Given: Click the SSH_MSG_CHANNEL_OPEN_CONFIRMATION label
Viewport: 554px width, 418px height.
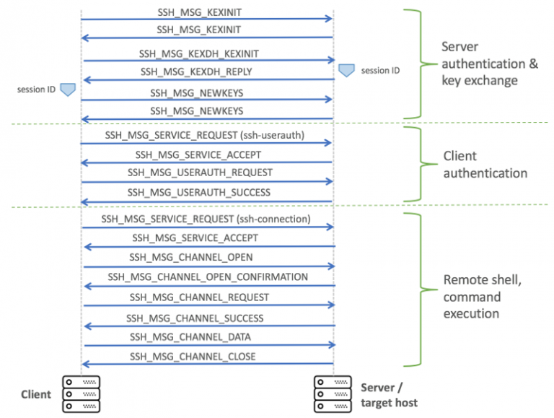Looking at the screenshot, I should [208, 277].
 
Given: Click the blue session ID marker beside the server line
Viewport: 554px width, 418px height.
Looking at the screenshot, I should [346, 70].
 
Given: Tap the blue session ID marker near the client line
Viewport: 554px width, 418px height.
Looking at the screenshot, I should [68, 90].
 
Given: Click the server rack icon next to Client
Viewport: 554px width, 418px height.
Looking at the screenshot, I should [81, 393].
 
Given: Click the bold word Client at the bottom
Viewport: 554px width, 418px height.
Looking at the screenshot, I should [36, 394].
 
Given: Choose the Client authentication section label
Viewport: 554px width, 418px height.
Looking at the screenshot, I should [485, 165].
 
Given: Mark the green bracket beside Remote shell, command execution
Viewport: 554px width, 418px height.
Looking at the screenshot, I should [415, 289].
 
